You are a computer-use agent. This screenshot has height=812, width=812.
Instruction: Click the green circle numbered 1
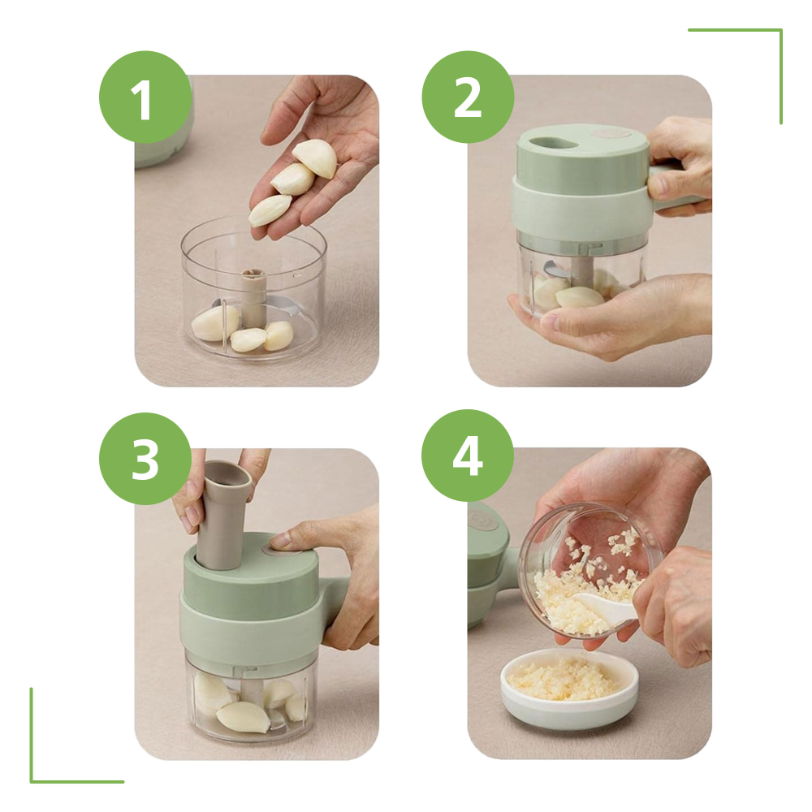[145, 97]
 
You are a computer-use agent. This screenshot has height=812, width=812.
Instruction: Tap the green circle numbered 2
[468, 97]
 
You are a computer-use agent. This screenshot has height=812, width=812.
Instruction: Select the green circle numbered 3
[145, 458]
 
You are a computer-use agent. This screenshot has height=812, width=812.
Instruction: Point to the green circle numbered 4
[468, 456]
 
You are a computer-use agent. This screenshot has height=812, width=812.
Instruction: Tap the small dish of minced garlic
[568, 687]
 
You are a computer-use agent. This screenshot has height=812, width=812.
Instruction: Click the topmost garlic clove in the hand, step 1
[315, 158]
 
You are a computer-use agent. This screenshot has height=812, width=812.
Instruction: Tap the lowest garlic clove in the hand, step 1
[270, 209]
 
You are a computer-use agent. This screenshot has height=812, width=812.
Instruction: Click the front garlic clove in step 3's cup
[242, 717]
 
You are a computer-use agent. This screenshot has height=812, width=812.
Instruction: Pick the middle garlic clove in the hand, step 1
[292, 179]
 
